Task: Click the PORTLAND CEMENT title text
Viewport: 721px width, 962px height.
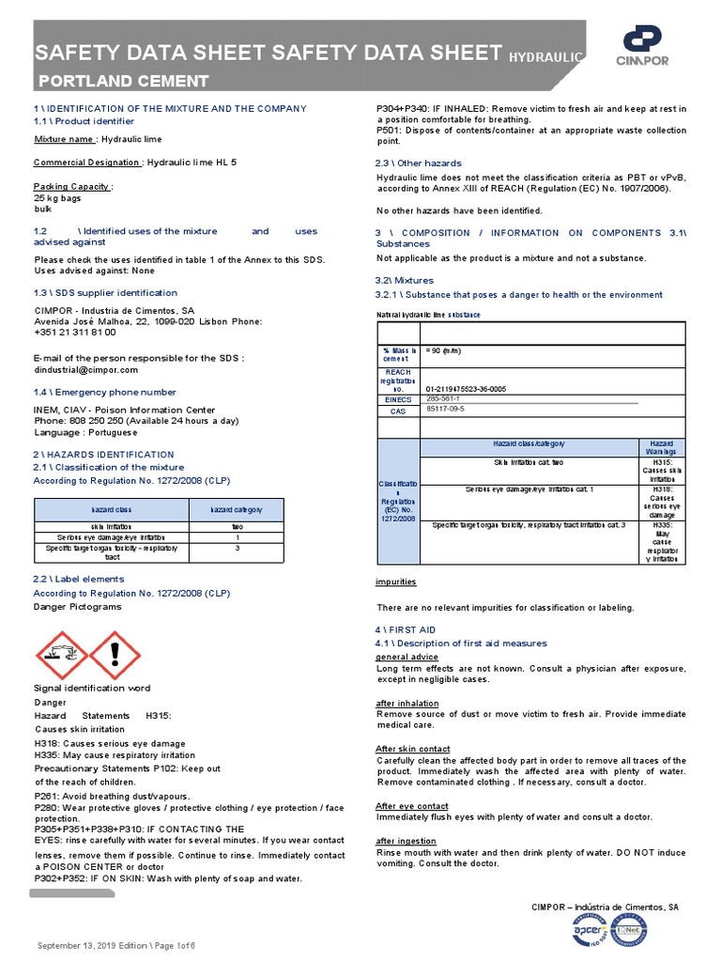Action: [x=122, y=80]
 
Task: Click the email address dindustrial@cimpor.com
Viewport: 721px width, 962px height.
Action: [x=85, y=370]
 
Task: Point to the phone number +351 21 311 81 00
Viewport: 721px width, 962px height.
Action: [x=75, y=332]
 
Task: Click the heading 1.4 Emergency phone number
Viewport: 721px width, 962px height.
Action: [x=104, y=392]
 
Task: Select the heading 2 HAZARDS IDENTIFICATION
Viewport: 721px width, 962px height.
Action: [x=103, y=454]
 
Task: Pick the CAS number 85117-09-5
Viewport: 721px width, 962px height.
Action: [x=445, y=410]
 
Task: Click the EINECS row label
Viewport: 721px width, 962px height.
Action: [x=397, y=399]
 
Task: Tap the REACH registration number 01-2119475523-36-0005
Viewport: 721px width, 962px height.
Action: [x=466, y=388]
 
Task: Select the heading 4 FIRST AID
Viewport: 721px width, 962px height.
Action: [x=406, y=629]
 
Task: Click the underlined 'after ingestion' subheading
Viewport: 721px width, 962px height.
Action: [x=406, y=841]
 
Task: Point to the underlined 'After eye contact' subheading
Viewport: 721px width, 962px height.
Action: [x=412, y=806]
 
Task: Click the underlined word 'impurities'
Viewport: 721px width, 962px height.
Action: [x=396, y=582]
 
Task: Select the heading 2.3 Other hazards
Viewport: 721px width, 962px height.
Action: [x=419, y=163]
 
